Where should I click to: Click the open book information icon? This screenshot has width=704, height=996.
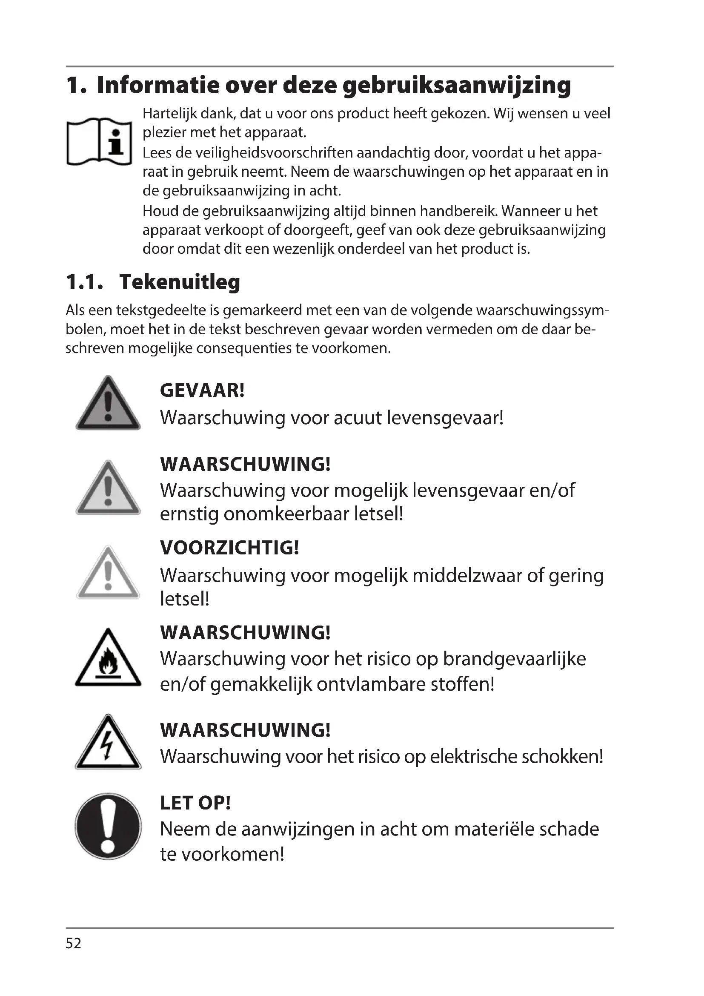click(99, 141)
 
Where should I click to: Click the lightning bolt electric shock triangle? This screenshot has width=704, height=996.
click(108, 744)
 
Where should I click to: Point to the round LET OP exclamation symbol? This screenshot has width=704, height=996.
click(108, 827)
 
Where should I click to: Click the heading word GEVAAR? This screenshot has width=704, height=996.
click(203, 390)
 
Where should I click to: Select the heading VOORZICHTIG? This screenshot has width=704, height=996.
click(229, 548)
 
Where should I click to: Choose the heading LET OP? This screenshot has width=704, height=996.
click(195, 803)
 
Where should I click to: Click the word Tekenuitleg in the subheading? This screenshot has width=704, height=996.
click(180, 282)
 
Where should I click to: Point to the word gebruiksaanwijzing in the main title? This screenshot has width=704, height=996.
click(456, 86)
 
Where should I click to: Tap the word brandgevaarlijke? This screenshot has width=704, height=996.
click(514, 659)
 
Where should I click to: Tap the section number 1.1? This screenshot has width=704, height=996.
click(85, 282)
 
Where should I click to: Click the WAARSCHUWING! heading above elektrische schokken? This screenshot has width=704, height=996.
click(245, 730)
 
